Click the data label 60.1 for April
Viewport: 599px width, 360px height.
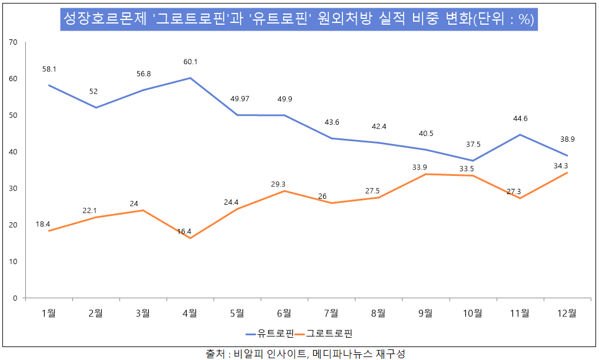[190, 62]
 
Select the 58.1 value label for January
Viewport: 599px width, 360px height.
[49, 69]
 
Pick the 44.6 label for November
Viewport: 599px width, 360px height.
[520, 118]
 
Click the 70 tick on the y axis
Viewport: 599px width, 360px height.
[14, 42]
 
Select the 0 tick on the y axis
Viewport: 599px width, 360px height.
[15, 298]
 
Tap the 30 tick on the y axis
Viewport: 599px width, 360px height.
[14, 188]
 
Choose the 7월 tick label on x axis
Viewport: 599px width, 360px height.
[331, 313]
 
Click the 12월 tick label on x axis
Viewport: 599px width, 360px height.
[567, 313]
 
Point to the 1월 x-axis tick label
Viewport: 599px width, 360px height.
[49, 313]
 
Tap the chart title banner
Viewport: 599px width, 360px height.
[299, 19]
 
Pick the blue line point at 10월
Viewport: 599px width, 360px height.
[472, 161]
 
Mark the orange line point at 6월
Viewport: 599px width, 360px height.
[284, 191]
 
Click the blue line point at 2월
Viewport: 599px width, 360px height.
[96, 108]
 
